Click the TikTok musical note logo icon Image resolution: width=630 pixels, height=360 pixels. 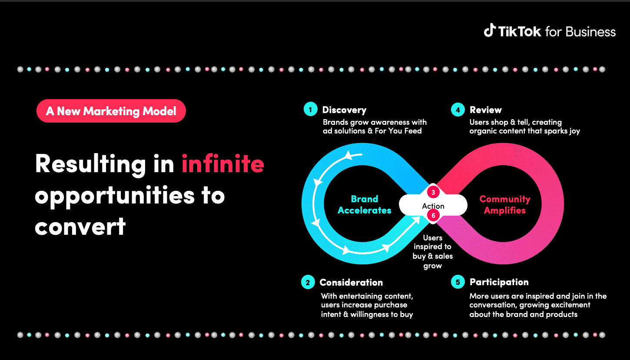pos(490,30)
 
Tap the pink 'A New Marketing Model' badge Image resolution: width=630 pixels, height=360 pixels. pos(111,111)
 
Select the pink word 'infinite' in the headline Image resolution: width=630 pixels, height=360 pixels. pos(223,163)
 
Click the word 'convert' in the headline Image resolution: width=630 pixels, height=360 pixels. pos(80,227)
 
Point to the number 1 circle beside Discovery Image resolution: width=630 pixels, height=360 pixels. pos(311,109)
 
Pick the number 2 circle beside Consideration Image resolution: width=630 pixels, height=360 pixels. pos(308,282)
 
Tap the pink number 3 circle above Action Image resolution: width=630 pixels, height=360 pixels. pos(433,192)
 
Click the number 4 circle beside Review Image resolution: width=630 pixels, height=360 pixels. pos(458,110)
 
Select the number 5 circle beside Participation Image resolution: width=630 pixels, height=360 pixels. pos(458,282)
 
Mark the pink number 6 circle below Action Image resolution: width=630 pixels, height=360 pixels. pos(433,215)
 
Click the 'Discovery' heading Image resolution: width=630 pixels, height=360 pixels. pos(344,110)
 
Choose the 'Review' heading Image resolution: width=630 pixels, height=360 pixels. pos(486,110)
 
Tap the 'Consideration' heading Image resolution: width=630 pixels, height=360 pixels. pos(351,282)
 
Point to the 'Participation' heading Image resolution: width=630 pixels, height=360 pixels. pos(499,282)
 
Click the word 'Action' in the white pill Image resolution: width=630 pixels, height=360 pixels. pos(433,206)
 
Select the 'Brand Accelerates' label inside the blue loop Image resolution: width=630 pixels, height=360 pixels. pos(365,205)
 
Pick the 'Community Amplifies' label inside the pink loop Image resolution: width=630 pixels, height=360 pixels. pos(505,205)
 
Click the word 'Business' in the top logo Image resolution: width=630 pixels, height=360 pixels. pos(590,32)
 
